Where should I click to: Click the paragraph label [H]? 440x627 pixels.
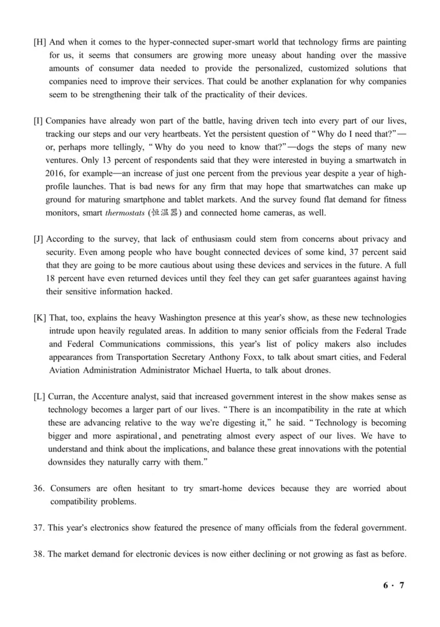40,43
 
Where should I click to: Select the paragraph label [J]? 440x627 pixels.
39,240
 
